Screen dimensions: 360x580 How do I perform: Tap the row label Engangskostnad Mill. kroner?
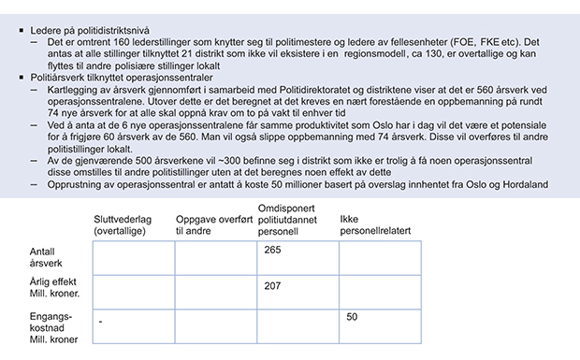(x=54, y=327)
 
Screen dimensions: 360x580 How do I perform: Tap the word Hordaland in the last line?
(x=525, y=184)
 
